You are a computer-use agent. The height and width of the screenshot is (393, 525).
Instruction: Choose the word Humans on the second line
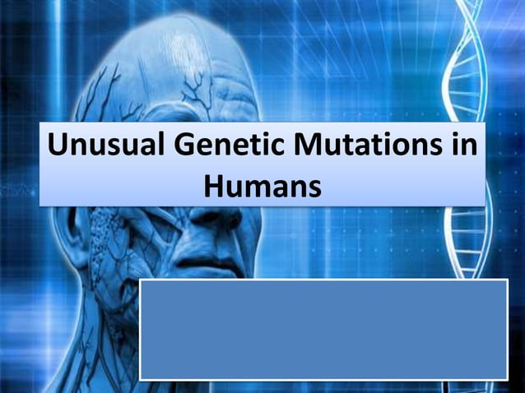coord(262,186)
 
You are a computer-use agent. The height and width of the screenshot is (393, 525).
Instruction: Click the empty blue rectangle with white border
coord(323,329)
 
